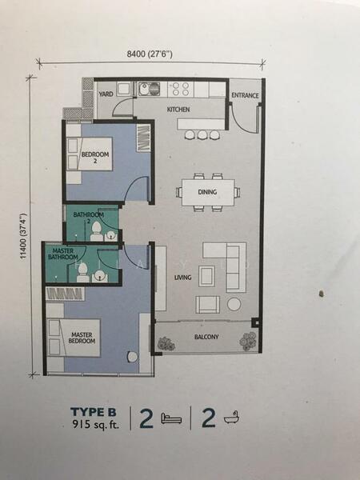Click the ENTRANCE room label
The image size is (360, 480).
[245, 95]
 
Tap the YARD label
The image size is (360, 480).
[106, 94]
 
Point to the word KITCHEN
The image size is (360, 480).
[178, 110]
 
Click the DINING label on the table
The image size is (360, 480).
[207, 192]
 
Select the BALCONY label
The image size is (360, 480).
[206, 337]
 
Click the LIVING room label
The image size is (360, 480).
[182, 278]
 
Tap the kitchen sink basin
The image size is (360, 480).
[149, 89]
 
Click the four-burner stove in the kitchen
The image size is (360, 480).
[181, 89]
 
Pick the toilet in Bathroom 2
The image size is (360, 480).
[96, 232]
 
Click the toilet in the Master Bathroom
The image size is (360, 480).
[82, 273]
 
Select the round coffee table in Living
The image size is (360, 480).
[234, 304]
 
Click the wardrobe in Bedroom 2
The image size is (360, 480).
[143, 138]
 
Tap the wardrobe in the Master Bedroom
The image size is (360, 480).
[65, 294]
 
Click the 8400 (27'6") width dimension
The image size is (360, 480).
[150, 54]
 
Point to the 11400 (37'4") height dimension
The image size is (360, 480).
[23, 236]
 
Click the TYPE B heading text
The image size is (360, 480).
[94, 412]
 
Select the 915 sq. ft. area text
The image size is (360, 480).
[95, 425]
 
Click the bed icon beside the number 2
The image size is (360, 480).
[171, 418]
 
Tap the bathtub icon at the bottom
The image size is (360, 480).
[231, 418]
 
